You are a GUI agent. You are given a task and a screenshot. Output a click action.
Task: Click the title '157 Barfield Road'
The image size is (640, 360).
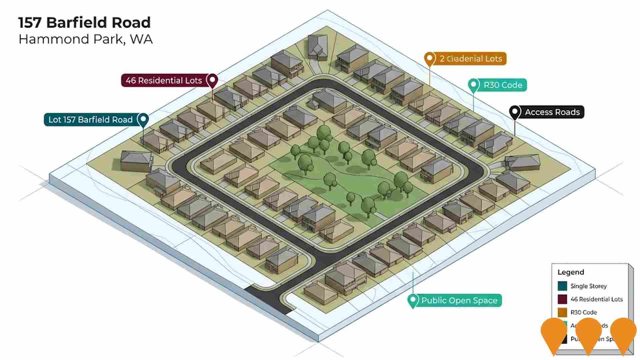(x=84, y=23)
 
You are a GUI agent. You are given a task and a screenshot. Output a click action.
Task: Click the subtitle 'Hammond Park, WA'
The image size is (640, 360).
(x=85, y=39)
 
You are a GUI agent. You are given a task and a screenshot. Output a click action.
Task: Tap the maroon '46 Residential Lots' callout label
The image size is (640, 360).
(x=164, y=81)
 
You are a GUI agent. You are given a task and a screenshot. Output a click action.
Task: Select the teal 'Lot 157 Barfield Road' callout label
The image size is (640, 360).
(x=91, y=120)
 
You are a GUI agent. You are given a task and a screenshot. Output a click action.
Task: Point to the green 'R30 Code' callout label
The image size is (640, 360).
(x=503, y=85)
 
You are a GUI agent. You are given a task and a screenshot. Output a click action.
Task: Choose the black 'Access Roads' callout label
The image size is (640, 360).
(x=552, y=112)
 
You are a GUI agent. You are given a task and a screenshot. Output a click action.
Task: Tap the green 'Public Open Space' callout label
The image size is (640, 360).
(x=459, y=300)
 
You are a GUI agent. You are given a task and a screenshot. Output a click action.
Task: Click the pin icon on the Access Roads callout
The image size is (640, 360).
(x=515, y=112)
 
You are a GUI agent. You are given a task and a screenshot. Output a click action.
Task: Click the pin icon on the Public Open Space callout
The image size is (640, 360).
(x=413, y=300)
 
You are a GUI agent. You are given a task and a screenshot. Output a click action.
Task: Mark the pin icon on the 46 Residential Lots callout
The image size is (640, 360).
(x=212, y=80)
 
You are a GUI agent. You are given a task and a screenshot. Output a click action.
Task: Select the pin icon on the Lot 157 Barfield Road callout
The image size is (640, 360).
(x=143, y=119)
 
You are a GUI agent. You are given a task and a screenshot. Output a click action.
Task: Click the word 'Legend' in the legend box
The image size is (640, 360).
(x=571, y=272)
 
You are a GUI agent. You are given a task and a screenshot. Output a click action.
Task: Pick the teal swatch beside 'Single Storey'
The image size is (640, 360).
(x=562, y=286)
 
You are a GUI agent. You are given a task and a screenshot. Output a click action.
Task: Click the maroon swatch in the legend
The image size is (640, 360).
(x=562, y=299)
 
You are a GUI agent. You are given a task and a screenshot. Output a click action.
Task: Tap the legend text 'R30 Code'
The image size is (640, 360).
(x=583, y=312)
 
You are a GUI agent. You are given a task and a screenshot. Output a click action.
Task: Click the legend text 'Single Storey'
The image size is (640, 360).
(x=588, y=286)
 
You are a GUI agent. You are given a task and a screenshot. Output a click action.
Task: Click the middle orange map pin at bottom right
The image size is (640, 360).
(x=589, y=333)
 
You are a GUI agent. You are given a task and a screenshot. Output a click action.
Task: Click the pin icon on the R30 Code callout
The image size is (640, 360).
(x=473, y=85)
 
